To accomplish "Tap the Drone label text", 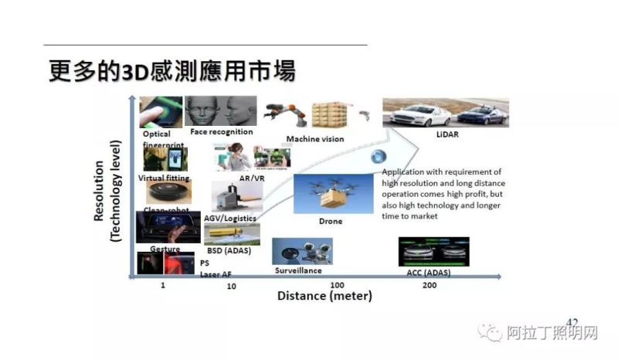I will coord(330,222).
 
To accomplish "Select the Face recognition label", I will coord(222,132).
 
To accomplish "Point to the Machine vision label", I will coord(315,139).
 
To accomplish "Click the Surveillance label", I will coord(298,271).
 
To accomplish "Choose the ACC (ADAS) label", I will coord(429,273).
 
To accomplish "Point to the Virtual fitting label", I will coord(163,178).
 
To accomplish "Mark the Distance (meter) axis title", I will coord(324,297).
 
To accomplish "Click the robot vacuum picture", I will coord(168,192).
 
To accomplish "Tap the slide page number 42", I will coord(572,321).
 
